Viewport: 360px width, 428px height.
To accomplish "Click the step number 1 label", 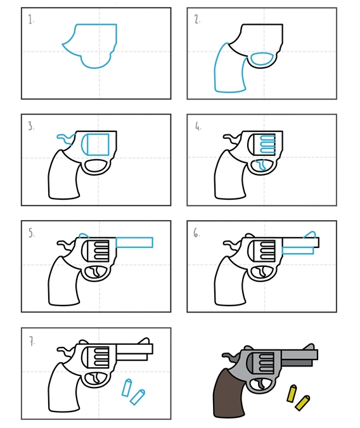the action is click(x=31, y=20).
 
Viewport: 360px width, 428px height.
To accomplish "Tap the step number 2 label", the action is click(x=197, y=19).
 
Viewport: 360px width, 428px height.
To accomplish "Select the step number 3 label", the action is click(x=31, y=126).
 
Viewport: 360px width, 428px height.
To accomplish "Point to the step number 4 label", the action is click(x=198, y=126).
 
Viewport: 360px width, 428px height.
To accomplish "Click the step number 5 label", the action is click(x=32, y=233).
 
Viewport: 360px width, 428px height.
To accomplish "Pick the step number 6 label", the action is click(x=196, y=233).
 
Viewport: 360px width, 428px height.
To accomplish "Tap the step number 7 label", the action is click(x=32, y=341).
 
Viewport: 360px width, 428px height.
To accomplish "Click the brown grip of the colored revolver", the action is click(x=227, y=393).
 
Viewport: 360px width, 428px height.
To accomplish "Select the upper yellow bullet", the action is click(x=292, y=393).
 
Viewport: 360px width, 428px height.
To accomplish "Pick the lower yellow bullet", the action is click(x=302, y=403).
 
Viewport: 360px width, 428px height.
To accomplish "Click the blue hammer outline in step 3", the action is click(x=65, y=138).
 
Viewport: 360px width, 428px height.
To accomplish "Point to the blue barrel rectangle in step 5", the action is click(x=134, y=242).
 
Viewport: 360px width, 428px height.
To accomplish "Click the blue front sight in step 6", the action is click(x=310, y=235).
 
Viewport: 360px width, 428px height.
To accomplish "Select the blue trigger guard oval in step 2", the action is click(x=262, y=59).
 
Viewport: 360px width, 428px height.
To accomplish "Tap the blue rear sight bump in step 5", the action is click(x=84, y=235).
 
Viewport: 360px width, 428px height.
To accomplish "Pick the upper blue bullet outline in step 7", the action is click(x=127, y=387).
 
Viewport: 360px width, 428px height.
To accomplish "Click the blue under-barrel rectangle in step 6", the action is click(x=297, y=250).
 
